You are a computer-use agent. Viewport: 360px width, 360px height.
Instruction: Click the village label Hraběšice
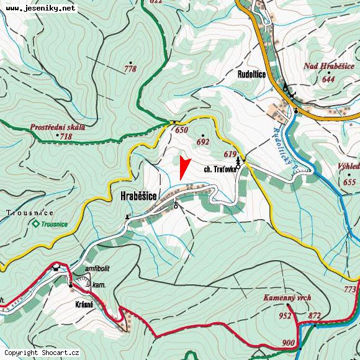click(x=138, y=196)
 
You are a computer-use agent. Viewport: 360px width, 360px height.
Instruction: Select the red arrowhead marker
click(x=183, y=168)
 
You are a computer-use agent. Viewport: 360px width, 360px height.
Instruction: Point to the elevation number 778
click(x=130, y=69)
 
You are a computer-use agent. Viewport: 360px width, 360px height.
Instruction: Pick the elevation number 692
click(x=202, y=142)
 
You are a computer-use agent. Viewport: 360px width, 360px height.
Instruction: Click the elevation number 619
click(x=231, y=154)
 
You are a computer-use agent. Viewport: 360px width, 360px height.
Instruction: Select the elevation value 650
click(x=181, y=130)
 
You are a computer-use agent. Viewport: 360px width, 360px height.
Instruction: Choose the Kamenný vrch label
click(x=286, y=299)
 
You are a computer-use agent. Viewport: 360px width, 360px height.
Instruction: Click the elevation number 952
click(x=285, y=316)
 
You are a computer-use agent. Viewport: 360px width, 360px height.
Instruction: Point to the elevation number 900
click(x=288, y=343)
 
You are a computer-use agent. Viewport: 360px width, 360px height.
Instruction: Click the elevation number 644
click(x=328, y=79)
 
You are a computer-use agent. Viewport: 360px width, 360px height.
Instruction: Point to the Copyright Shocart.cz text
click(x=42, y=353)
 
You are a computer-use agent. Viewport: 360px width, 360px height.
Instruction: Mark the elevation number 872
click(x=315, y=317)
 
